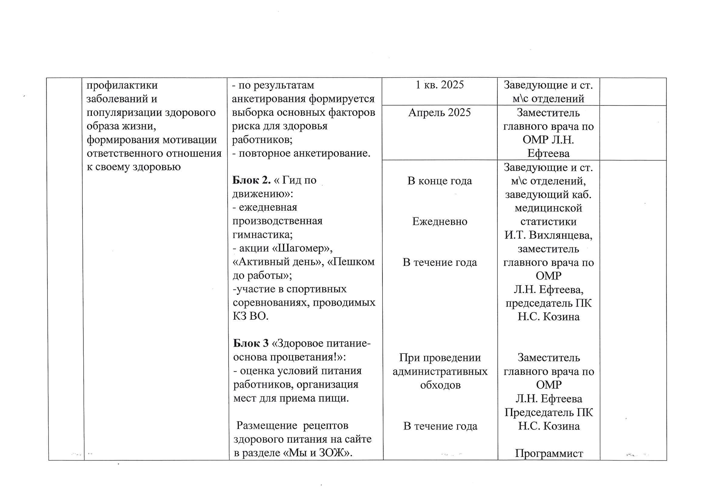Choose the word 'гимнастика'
pos(262,235)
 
